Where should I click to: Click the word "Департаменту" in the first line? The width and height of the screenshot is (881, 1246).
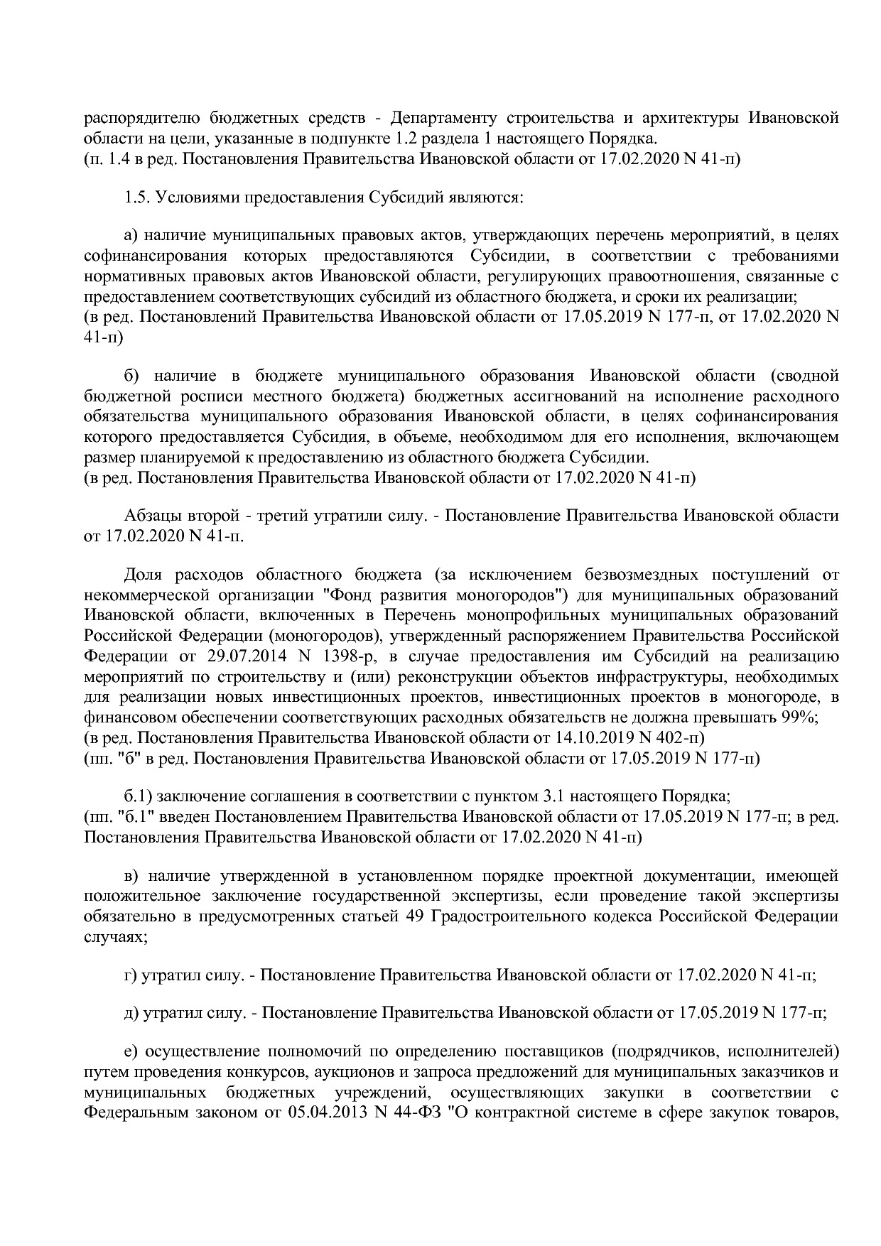pos(447,117)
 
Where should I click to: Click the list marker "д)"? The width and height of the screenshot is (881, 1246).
pos(131,1012)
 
